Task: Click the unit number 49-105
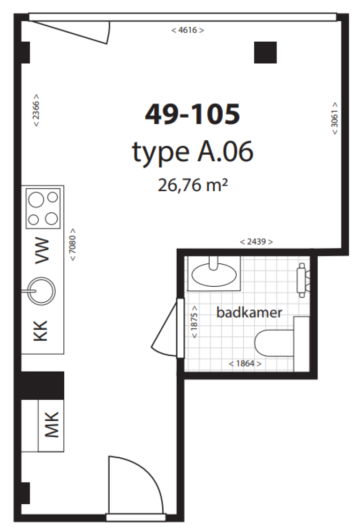click(192, 114)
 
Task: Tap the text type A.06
click(192, 151)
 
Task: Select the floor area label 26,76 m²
click(193, 185)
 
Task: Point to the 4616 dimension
click(187, 30)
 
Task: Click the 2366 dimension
click(36, 110)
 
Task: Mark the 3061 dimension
click(334, 119)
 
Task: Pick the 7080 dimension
click(73, 245)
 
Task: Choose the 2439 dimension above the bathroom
click(256, 242)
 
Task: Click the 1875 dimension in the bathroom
click(195, 321)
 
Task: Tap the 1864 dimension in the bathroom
click(245, 363)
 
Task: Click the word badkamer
click(249, 313)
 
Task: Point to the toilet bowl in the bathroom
click(274, 343)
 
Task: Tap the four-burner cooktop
click(43, 208)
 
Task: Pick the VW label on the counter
click(42, 250)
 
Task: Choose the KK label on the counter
click(40, 331)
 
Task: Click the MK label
click(52, 425)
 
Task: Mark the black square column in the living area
click(265, 52)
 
